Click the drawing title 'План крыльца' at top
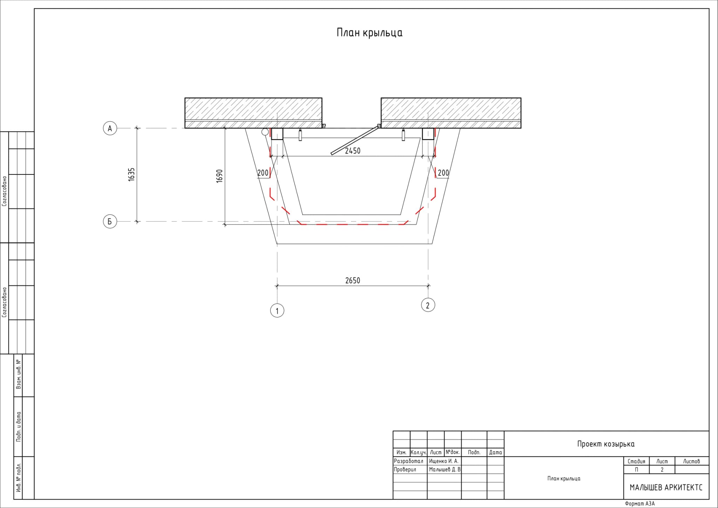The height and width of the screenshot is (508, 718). point(370,33)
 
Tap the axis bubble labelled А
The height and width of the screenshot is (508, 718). point(110,128)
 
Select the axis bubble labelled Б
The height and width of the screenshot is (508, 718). point(110,222)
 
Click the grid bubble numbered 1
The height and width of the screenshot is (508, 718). point(277,310)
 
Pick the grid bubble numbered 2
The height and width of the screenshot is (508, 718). point(428,305)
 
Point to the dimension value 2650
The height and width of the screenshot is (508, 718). point(353,281)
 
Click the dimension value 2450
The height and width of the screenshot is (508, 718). point(353,151)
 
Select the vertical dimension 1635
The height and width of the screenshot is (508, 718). point(131,174)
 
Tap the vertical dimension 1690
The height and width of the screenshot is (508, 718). point(220,176)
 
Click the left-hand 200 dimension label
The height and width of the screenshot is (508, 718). point(263,173)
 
